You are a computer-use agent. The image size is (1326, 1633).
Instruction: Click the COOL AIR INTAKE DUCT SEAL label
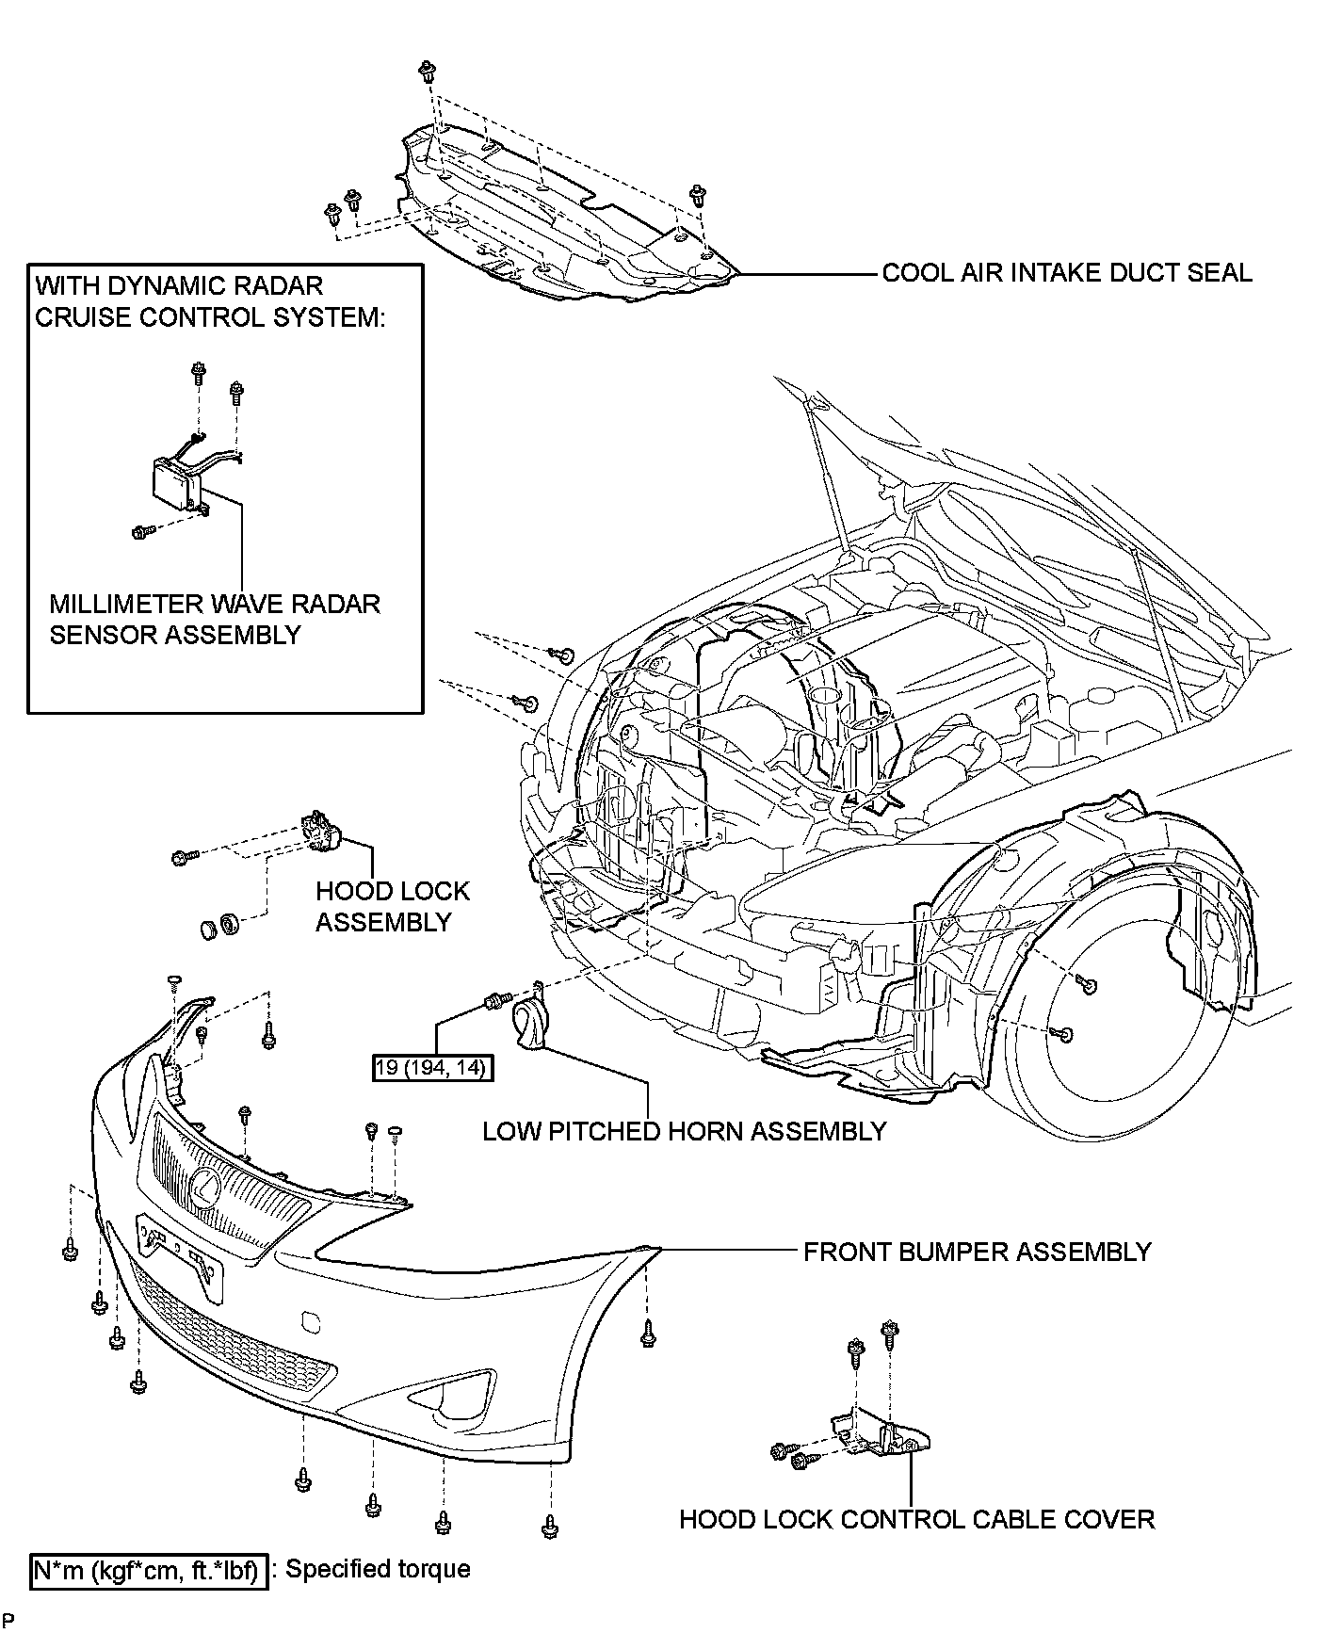[x=1067, y=273]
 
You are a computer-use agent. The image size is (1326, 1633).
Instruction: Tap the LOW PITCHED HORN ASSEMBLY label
[x=685, y=1131]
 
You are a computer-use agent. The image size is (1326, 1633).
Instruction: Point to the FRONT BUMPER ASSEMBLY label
[x=978, y=1252]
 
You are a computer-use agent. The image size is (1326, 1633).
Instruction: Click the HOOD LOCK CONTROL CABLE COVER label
[x=916, y=1519]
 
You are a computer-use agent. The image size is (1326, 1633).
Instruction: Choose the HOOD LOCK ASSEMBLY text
[x=393, y=906]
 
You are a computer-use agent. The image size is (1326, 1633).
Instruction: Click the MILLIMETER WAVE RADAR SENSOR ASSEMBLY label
[x=215, y=619]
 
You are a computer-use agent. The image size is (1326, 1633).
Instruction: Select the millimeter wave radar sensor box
[x=179, y=483]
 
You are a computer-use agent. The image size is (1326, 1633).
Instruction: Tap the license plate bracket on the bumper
[x=182, y=1253]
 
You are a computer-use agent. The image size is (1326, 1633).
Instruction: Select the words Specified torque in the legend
[x=378, y=1569]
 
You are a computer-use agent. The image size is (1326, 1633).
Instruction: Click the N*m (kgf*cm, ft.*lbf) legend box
[x=150, y=1570]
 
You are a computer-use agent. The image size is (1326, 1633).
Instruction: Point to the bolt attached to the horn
[x=495, y=998]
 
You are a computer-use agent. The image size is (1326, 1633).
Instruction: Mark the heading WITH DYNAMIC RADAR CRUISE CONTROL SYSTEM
[x=210, y=300]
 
